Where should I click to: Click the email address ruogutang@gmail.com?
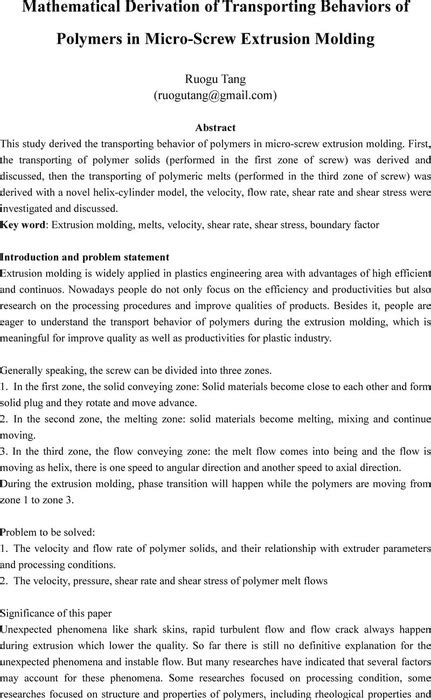215,97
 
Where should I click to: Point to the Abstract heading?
215,128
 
